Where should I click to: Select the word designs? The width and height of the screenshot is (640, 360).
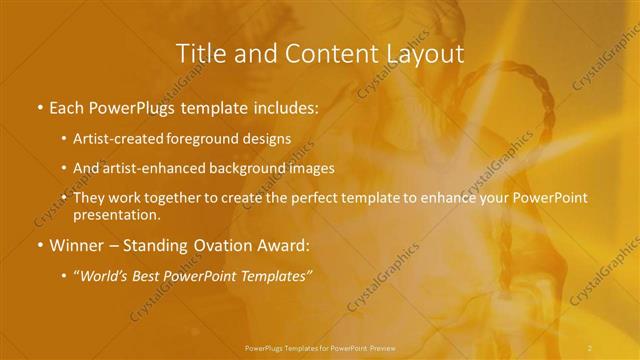click(x=270, y=138)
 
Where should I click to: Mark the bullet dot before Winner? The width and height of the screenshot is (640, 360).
click(x=39, y=246)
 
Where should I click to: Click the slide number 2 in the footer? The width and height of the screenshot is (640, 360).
click(x=590, y=347)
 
